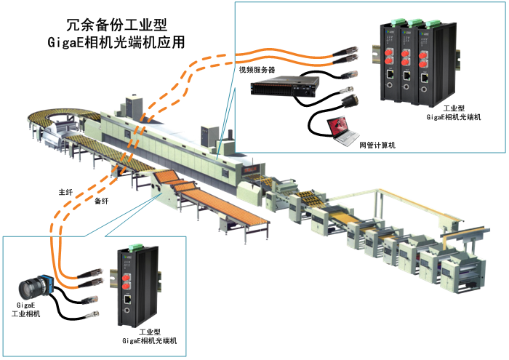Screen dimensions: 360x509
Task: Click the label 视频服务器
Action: (x=257, y=70)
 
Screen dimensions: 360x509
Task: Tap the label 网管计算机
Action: (x=377, y=145)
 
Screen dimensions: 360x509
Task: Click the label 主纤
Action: (x=65, y=193)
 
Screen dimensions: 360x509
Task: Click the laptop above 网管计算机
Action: (x=339, y=128)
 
